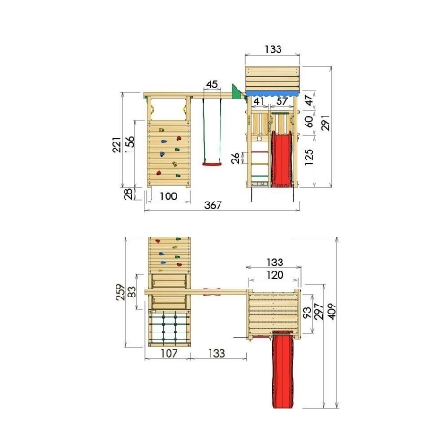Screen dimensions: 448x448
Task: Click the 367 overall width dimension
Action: point(213,205)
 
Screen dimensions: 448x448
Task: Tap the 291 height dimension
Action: point(325,123)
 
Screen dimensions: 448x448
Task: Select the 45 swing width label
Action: point(211,84)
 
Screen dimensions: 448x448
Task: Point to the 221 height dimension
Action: point(116,144)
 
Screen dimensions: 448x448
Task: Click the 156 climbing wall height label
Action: point(130,144)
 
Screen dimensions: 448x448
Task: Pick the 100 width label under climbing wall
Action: point(168,196)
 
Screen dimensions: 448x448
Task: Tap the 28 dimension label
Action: point(128,194)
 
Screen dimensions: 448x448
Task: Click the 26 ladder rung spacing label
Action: point(236,158)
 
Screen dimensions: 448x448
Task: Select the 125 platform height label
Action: point(308,157)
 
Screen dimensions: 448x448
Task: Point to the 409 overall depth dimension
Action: point(332,311)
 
